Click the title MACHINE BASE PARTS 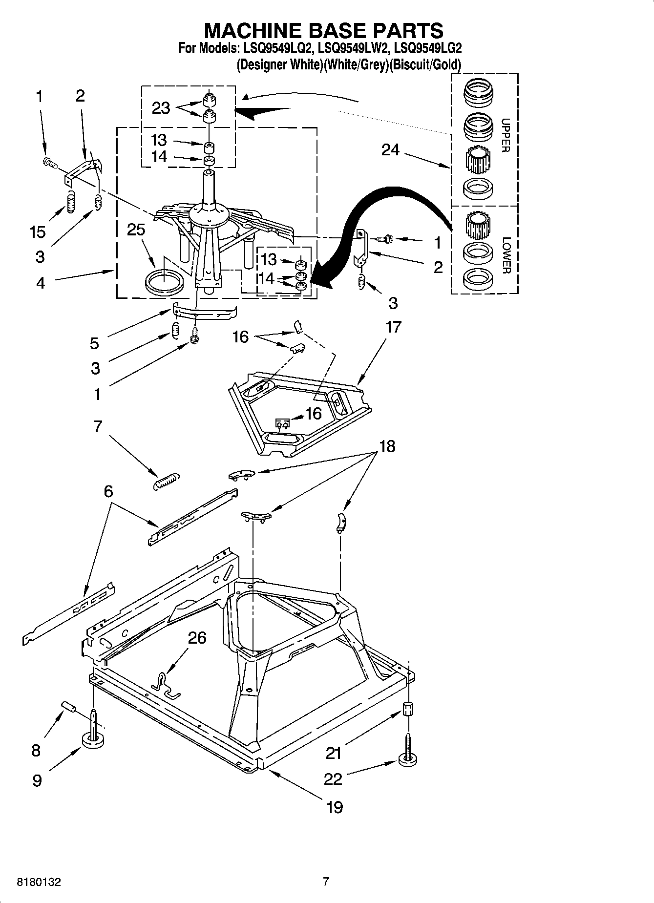point(323,30)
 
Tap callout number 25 point(136,230)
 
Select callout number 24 point(390,150)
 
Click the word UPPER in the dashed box point(506,135)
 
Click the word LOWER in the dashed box point(506,255)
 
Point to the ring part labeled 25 point(165,282)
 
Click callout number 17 point(393,327)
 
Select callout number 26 point(197,638)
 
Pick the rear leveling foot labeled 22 point(408,758)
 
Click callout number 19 point(335,807)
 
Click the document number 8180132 point(39,882)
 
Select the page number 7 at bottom point(326,882)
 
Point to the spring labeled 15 point(71,201)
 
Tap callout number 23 point(161,108)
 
